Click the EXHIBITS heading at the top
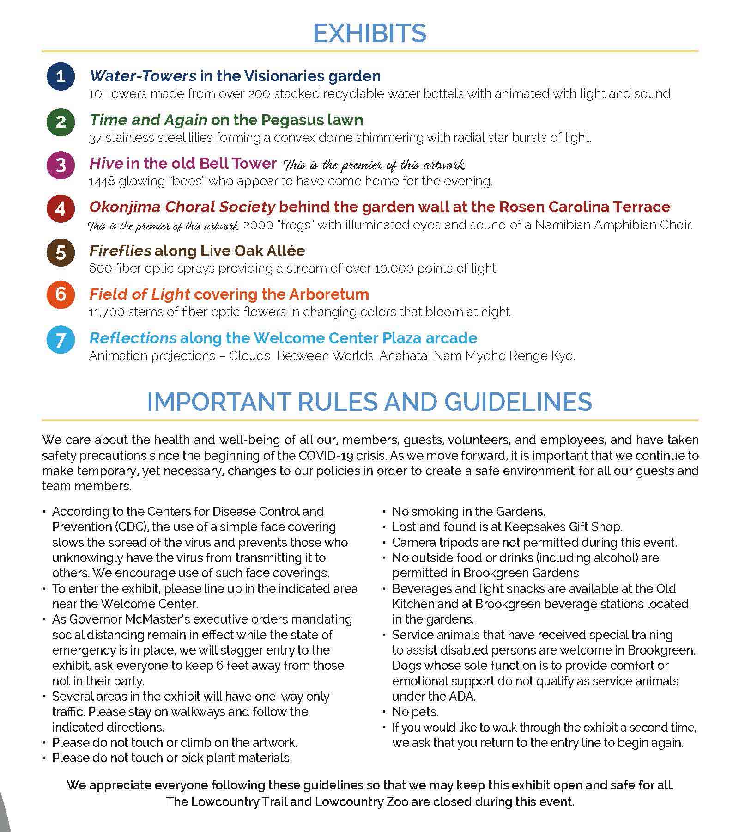tap(369, 33)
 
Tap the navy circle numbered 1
tap(61, 76)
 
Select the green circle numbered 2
tap(61, 122)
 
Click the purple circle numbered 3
tap(61, 165)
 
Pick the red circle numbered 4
tap(61, 209)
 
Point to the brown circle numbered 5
tap(61, 253)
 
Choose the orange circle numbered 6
tap(61, 294)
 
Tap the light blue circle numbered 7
tap(61, 340)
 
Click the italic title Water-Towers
tap(143, 76)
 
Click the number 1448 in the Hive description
tap(101, 181)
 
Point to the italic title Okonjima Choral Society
tap(182, 207)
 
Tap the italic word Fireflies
tap(120, 251)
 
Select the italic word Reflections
tap(133, 338)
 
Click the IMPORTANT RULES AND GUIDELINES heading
tap(369, 402)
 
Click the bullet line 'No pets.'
tap(415, 712)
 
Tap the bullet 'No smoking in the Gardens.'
tap(468, 512)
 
